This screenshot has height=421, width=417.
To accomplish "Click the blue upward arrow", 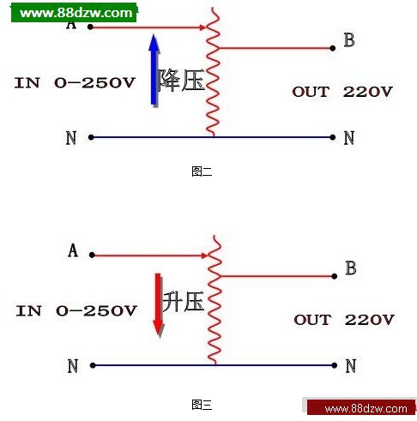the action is point(154,70).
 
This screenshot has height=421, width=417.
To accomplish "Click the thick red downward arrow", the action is point(159,305).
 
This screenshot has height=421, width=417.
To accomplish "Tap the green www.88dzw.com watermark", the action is point(74,13).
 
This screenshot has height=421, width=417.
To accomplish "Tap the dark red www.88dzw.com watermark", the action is point(361,408).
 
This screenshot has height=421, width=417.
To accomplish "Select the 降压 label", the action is point(181,81).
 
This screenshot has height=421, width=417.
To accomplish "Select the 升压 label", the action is point(184,301).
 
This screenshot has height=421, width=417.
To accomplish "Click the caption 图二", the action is point(202,171).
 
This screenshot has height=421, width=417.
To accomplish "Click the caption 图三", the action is point(202,405).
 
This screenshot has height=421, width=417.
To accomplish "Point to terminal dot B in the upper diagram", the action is point(332,48).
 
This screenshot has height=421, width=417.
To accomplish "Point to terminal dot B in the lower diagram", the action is point(335,276).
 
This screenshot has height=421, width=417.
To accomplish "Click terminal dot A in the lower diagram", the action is point(92,255).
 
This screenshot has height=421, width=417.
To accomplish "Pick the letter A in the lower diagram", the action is point(73,250).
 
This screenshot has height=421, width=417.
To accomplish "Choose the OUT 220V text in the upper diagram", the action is point(342,92).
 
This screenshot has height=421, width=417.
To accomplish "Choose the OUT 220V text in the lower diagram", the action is point(344,320).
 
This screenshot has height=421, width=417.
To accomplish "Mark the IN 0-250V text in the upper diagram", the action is point(75,83).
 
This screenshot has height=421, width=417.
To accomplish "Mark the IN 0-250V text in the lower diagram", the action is point(76,310).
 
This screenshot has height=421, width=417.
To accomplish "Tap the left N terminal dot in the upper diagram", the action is point(91,137).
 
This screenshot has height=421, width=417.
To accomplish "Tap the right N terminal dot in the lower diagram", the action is point(335,365).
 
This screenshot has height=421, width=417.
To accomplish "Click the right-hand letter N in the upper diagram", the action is point(349,138).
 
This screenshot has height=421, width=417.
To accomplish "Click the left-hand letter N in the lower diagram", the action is point(73,366).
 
